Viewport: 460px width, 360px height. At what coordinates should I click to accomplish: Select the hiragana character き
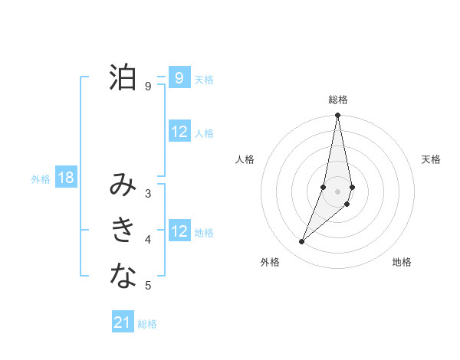pos(123,230)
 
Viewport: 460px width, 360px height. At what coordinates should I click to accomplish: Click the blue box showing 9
pos(179,77)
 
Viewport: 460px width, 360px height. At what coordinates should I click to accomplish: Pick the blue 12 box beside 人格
pos(179,132)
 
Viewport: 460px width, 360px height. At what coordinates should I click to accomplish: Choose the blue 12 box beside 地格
pos(179,231)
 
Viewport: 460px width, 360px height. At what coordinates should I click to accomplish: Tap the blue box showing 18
pos(66,178)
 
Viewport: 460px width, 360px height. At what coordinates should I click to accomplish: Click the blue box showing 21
pos(123,322)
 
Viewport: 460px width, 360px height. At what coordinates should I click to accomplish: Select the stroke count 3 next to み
pos(148,194)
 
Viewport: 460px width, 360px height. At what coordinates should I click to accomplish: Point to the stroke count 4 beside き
pos(148,240)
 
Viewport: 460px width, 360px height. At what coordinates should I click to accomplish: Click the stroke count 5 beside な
pos(148,286)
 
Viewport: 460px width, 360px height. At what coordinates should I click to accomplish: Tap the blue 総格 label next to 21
pos(147,324)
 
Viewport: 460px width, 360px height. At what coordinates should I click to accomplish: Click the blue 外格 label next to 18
pos(41,179)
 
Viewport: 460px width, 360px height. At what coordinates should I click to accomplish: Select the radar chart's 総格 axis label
pos(338,100)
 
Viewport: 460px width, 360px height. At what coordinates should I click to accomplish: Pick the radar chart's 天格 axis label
pos(432,159)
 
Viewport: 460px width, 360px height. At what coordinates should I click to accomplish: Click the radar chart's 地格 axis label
pos(402,262)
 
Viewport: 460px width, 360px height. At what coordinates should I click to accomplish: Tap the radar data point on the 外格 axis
pos(302,241)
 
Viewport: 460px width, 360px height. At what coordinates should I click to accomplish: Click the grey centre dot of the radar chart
pos(338,191)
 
